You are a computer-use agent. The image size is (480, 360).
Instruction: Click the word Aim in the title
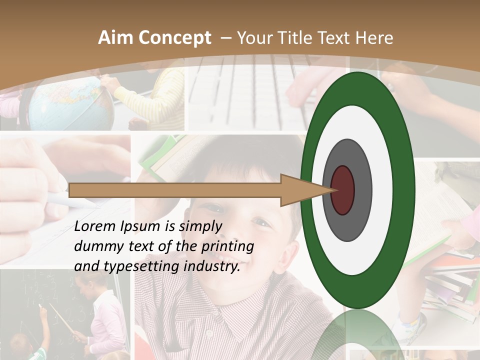pyautogui.click(x=115, y=38)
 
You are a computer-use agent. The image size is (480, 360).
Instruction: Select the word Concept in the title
pyautogui.click(x=173, y=38)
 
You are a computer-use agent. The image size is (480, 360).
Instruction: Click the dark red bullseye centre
pyautogui.click(x=343, y=190)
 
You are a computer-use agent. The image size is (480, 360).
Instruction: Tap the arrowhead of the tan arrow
pyautogui.click(x=305, y=190)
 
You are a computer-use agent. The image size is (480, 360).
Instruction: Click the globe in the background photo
pyautogui.click(x=70, y=102)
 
